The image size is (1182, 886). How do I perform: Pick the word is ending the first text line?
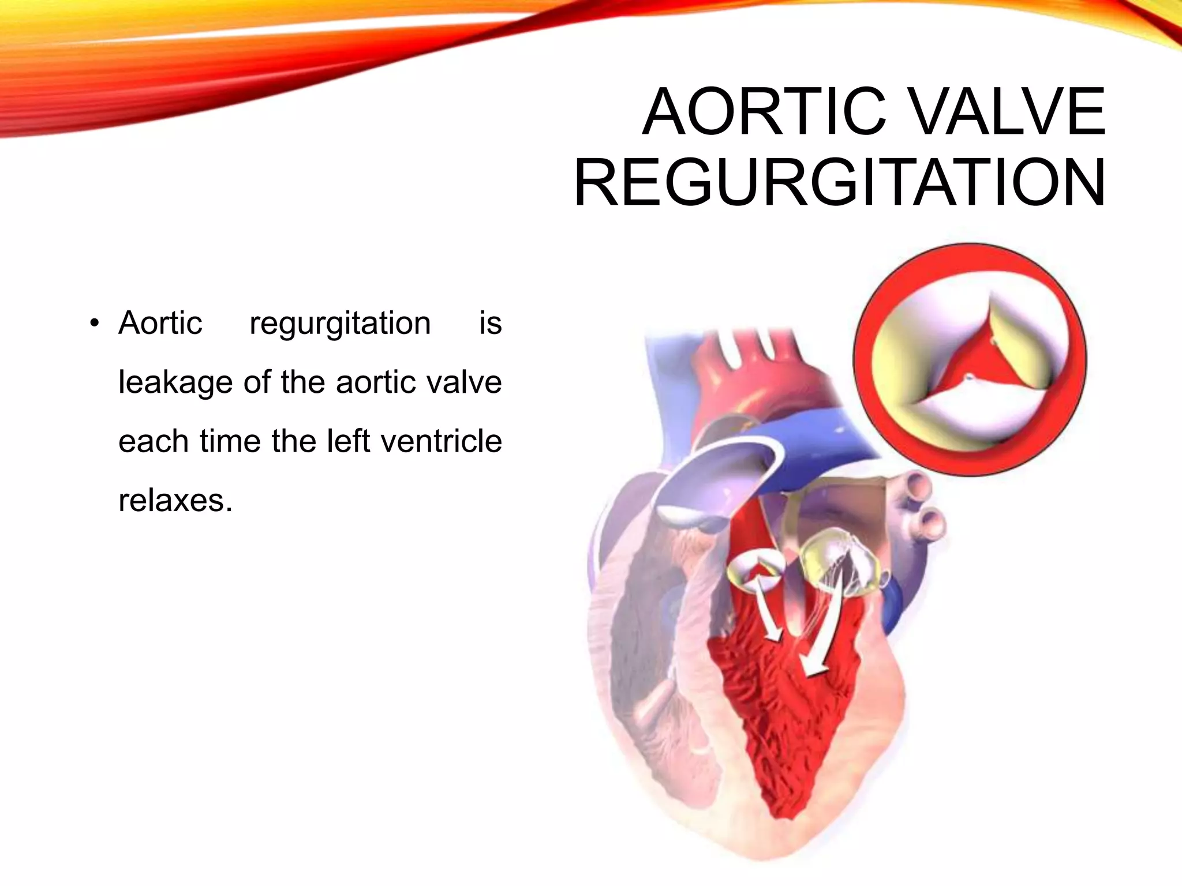[x=490, y=323]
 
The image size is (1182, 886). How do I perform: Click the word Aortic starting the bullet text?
[x=160, y=323]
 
